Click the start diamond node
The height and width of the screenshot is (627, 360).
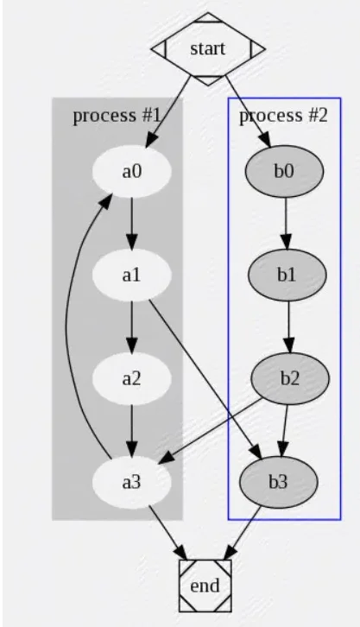tap(208, 48)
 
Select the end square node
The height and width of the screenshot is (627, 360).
tap(205, 586)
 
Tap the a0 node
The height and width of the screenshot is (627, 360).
tap(132, 171)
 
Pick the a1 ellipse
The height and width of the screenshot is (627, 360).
tap(132, 275)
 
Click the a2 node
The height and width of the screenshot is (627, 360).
tap(132, 378)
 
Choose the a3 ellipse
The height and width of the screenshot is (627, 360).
tap(132, 482)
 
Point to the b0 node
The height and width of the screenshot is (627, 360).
tap(284, 171)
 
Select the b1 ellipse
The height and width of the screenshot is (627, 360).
tap(287, 275)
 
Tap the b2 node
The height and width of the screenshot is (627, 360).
tap(290, 378)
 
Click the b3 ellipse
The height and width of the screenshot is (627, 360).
tap(279, 482)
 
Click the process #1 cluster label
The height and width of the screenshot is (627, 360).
tap(117, 115)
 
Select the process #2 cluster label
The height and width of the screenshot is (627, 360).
tap(283, 115)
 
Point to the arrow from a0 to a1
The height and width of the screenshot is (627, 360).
tap(132, 223)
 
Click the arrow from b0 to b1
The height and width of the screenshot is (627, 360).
tap(286, 223)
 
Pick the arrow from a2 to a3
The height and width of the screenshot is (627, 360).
tap(132, 430)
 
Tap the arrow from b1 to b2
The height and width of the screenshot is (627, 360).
tap(289, 326)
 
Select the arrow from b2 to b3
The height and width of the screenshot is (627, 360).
tap(285, 430)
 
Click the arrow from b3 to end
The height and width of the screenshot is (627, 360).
tap(242, 533)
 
